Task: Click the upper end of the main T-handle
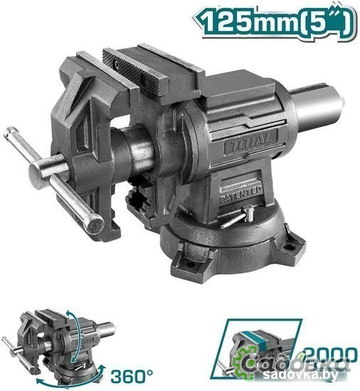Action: (16, 134)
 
